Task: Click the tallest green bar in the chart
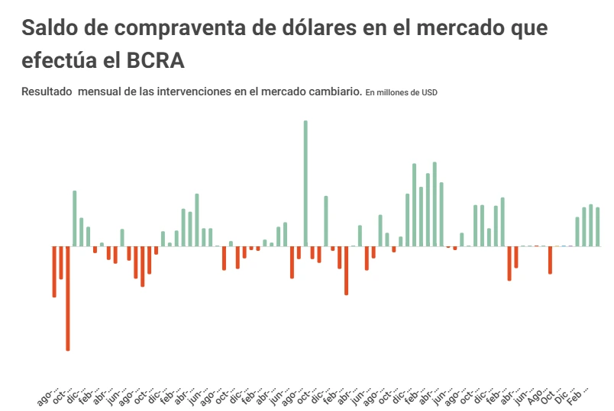[x=305, y=183]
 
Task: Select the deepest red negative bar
[x=67, y=298]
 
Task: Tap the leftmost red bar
[x=54, y=271]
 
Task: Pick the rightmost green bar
[x=598, y=227]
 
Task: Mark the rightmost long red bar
[x=550, y=260]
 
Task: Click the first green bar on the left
[x=74, y=219]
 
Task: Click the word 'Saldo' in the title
[x=50, y=28]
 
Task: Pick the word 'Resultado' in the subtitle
[x=46, y=92]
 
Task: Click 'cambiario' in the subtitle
[x=331, y=92]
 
